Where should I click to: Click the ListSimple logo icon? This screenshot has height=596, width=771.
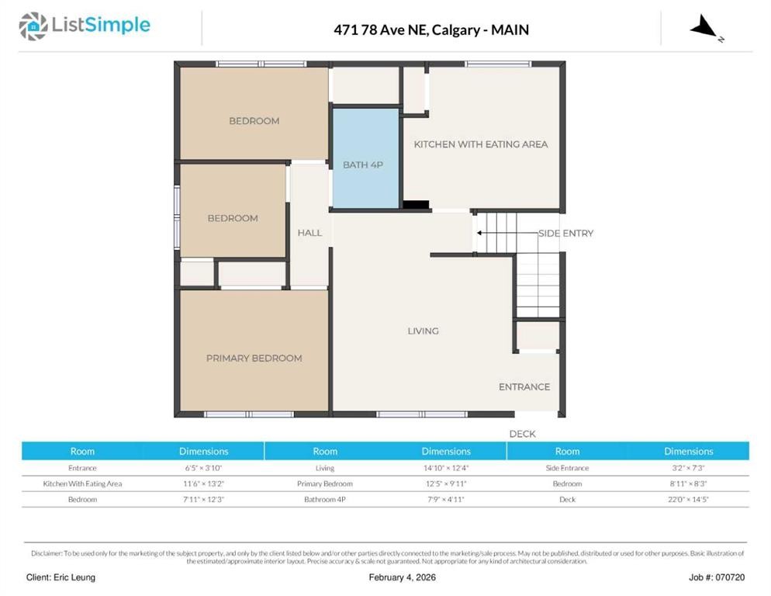click(33, 26)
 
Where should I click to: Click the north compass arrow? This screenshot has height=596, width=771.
click(705, 28)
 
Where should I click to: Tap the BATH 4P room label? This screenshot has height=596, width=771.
click(363, 165)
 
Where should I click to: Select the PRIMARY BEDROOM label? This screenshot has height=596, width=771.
click(254, 358)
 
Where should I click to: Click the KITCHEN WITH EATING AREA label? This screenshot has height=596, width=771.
click(480, 144)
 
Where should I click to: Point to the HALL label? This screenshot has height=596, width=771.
click(309, 233)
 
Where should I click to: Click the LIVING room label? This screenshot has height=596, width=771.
click(423, 331)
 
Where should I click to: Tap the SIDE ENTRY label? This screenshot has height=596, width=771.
click(565, 233)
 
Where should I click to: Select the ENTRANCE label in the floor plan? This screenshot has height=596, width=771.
click(524, 386)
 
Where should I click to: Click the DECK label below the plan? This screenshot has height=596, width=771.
click(522, 434)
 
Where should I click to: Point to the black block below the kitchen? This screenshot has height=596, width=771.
click(416, 206)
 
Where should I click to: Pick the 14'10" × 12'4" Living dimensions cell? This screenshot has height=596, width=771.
click(446, 468)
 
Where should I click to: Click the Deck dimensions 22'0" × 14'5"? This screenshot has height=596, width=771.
click(688, 499)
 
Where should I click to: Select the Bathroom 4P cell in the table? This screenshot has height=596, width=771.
click(325, 499)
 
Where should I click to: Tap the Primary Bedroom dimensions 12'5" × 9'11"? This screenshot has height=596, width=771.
click(446, 483)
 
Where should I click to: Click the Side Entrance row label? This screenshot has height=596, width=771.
click(567, 468)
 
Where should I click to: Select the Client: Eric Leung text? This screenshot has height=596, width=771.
click(61, 577)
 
